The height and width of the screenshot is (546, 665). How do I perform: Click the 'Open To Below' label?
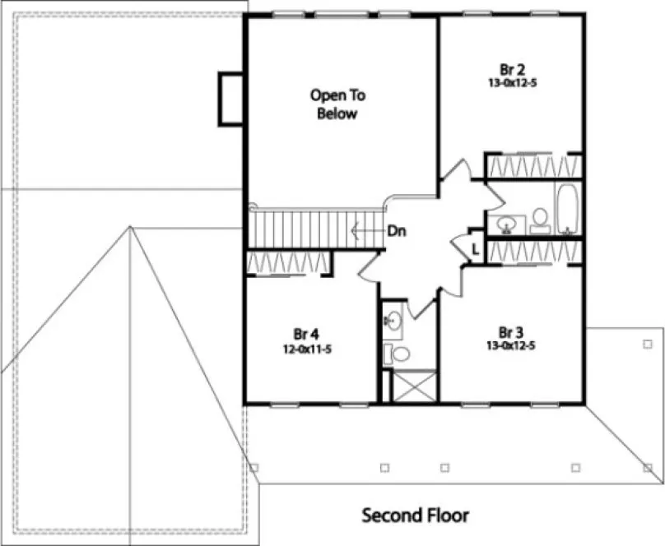pyautogui.click(x=337, y=104)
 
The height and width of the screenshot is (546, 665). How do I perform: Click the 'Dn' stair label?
pyautogui.click(x=398, y=231)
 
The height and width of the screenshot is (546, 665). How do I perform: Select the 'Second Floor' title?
pyautogui.click(x=416, y=516)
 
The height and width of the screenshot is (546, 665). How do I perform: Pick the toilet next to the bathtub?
pyautogui.click(x=540, y=219)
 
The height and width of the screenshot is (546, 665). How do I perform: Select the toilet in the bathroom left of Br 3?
pyautogui.click(x=400, y=354)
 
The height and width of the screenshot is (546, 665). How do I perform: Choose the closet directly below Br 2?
pyautogui.click(x=533, y=166)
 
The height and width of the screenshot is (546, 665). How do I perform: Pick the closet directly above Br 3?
pyautogui.click(x=533, y=252)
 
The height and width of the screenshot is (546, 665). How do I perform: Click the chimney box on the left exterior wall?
pyautogui.click(x=230, y=99)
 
